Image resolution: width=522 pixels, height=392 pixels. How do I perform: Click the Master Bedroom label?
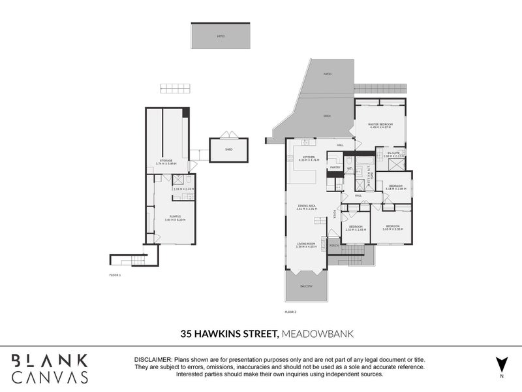coord(380,124)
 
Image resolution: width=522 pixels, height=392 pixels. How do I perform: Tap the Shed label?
coord(228,150)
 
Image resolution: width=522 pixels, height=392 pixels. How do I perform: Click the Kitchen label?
coord(307,157)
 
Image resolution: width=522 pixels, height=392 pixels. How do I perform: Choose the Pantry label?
coord(335,167)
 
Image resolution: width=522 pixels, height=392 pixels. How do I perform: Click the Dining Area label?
coord(307,206)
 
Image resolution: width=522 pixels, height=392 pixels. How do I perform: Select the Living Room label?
coord(306,244)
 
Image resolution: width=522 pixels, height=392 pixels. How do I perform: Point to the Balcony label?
coord(306,286)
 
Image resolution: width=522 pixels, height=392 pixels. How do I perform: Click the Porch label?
coord(333,246)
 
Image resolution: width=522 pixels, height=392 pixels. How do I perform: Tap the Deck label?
coord(327,116)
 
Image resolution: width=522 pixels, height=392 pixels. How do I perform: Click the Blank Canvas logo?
coord(50,368)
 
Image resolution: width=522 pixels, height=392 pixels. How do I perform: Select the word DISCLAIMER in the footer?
coord(152,360)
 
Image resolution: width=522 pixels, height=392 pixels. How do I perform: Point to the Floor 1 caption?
coord(115,276)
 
